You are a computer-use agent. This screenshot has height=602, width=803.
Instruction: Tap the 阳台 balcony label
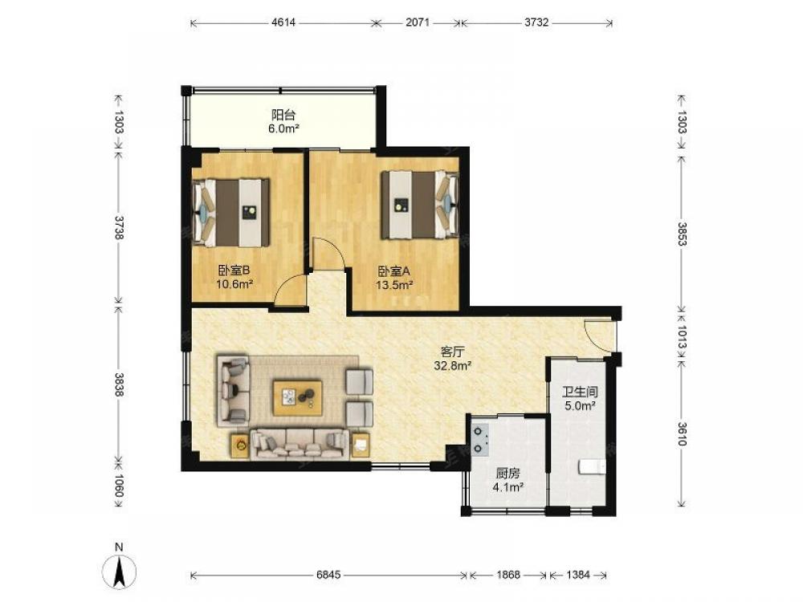pyautogui.click(x=283, y=115)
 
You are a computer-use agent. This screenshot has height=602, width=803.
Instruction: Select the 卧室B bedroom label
pyautogui.click(x=234, y=270)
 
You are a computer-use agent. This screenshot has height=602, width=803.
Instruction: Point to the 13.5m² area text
pyautogui.click(x=394, y=285)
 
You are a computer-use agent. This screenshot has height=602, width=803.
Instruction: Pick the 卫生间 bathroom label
pyautogui.click(x=581, y=393)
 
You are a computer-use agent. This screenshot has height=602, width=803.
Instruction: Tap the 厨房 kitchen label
pyautogui.click(x=507, y=474)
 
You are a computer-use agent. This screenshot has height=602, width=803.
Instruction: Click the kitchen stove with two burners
pyautogui.click(x=480, y=439)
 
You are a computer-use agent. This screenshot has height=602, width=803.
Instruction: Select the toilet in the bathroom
pyautogui.click(x=592, y=467)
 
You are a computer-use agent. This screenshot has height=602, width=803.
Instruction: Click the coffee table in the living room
pyautogui.click(x=298, y=397)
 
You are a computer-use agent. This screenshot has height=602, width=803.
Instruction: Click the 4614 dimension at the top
pyautogui.click(x=283, y=22)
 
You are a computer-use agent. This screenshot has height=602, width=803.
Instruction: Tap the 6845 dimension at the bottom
pyautogui.click(x=328, y=575)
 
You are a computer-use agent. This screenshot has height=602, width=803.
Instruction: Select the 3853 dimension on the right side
pyautogui.click(x=682, y=234)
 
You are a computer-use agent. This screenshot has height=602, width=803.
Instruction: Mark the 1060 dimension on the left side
pyautogui.click(x=118, y=486)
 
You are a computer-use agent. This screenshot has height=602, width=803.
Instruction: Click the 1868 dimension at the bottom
pyautogui.click(x=508, y=575)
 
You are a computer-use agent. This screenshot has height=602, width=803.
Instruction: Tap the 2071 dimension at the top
pyautogui.click(x=418, y=22)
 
